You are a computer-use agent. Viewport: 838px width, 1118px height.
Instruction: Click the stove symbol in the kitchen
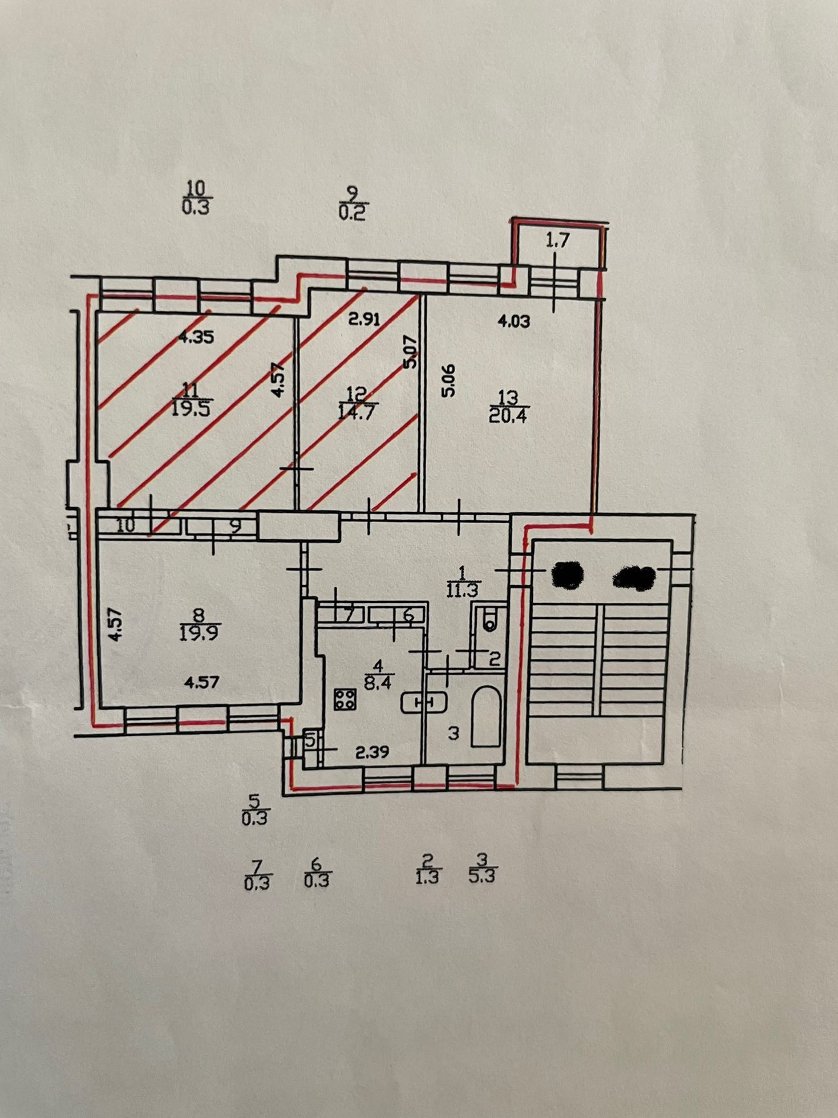[345, 699]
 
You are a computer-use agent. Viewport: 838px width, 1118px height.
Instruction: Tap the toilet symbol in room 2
[489, 619]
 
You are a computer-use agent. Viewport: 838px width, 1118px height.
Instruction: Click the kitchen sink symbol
[423, 703]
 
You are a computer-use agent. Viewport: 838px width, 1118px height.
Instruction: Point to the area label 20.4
[508, 415]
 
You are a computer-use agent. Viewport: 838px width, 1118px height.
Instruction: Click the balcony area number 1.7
[557, 241]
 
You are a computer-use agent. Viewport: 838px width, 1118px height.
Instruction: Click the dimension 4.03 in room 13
[514, 321]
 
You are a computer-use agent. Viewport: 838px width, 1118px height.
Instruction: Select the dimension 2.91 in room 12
[364, 319]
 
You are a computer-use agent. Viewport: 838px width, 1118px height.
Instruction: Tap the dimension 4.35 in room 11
[196, 337]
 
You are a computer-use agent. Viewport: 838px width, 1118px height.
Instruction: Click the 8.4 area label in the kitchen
[378, 682]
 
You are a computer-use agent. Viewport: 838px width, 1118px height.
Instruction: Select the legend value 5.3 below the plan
[482, 876]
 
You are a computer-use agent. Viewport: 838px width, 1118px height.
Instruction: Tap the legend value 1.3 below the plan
[427, 877]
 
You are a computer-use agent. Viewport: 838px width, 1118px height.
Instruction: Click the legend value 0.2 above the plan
[353, 213]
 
